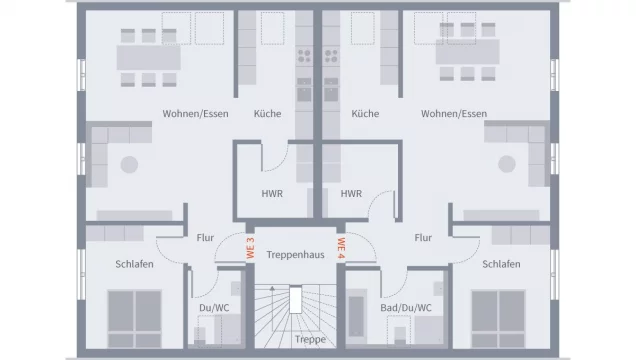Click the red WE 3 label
(x=251, y=246)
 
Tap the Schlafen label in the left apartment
(x=133, y=264)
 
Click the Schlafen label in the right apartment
(x=500, y=264)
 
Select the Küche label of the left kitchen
(x=267, y=114)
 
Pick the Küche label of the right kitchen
(x=365, y=114)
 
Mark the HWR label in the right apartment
(x=351, y=194)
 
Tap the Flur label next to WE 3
(x=204, y=238)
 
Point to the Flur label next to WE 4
(x=423, y=238)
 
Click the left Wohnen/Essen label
(x=195, y=114)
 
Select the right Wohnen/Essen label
(x=454, y=114)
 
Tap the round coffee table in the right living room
(x=506, y=164)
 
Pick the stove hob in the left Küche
(x=305, y=58)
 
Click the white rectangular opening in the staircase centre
(x=297, y=301)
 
